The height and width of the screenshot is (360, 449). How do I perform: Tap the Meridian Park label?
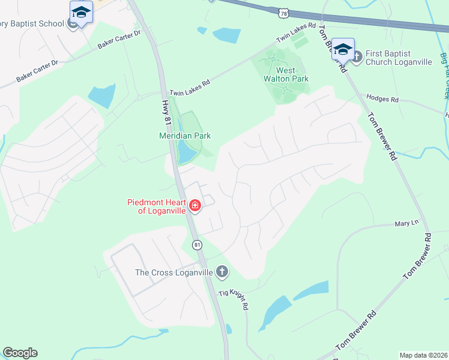[x=184, y=136]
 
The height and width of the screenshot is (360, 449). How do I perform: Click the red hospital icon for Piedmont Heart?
[x=194, y=206]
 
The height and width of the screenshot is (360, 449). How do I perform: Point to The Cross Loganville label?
[x=174, y=272]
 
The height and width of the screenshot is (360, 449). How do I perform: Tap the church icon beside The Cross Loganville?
[x=222, y=272]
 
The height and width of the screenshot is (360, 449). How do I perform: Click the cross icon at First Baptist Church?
[x=356, y=57]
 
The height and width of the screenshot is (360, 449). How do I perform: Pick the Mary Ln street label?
[x=406, y=223]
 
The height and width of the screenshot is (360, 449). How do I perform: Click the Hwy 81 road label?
[x=167, y=113]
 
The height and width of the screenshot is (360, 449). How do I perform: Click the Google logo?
[x=20, y=353]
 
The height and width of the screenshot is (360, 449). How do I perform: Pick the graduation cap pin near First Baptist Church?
[x=343, y=48]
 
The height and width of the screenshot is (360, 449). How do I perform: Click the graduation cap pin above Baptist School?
[x=82, y=11]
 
